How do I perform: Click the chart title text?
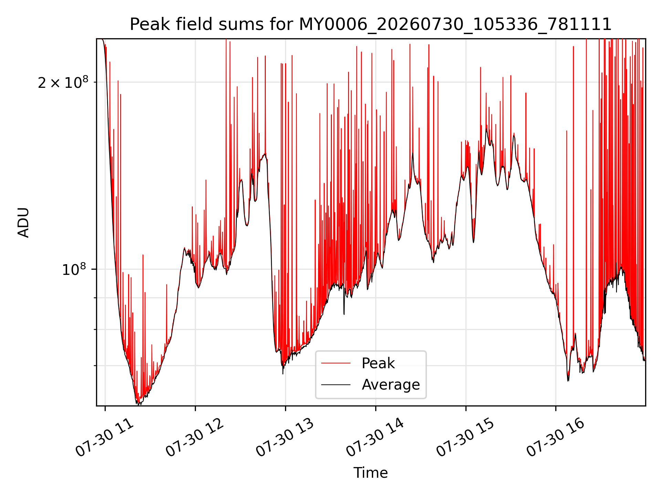(370, 24)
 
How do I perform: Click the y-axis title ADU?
(23, 223)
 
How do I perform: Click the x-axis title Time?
(370, 473)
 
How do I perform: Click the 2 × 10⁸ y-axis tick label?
(63, 83)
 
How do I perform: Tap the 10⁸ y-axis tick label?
(74, 269)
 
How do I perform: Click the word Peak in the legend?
(378, 363)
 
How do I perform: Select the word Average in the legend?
(391, 385)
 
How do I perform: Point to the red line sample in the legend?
(336, 363)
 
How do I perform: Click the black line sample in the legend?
(336, 384)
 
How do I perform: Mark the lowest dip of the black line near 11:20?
(138, 404)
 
